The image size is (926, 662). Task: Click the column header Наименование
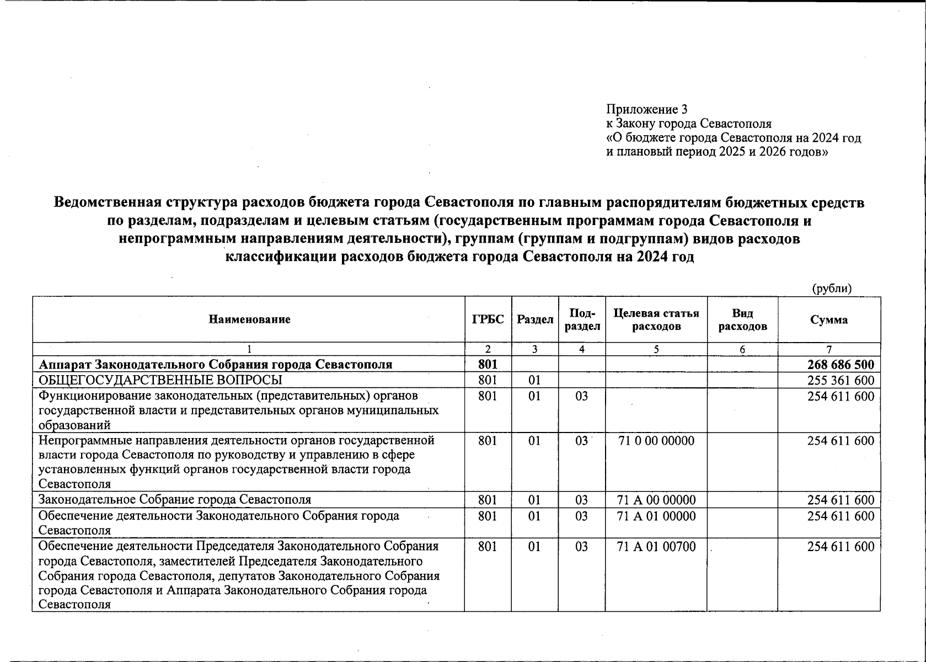249,319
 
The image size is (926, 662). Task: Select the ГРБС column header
488,319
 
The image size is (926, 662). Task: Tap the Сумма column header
828,319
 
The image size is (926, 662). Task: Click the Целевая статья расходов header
656,319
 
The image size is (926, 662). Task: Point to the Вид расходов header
742,319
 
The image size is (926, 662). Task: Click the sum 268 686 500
841,365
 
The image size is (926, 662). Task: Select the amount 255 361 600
841,381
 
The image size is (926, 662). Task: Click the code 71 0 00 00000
656,441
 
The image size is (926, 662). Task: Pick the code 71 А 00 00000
656,500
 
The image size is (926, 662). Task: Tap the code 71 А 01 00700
656,547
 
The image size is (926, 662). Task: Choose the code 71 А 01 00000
656,516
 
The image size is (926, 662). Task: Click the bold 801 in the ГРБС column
488,365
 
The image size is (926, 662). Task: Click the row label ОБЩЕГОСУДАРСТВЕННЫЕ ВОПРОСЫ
160,381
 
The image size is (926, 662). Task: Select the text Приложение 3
646,109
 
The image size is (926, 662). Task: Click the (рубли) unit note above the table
832,289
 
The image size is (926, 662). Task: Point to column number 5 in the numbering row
656,349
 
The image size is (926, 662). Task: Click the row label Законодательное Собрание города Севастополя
175,500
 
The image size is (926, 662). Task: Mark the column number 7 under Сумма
828,349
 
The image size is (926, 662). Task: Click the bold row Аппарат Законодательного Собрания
215,365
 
